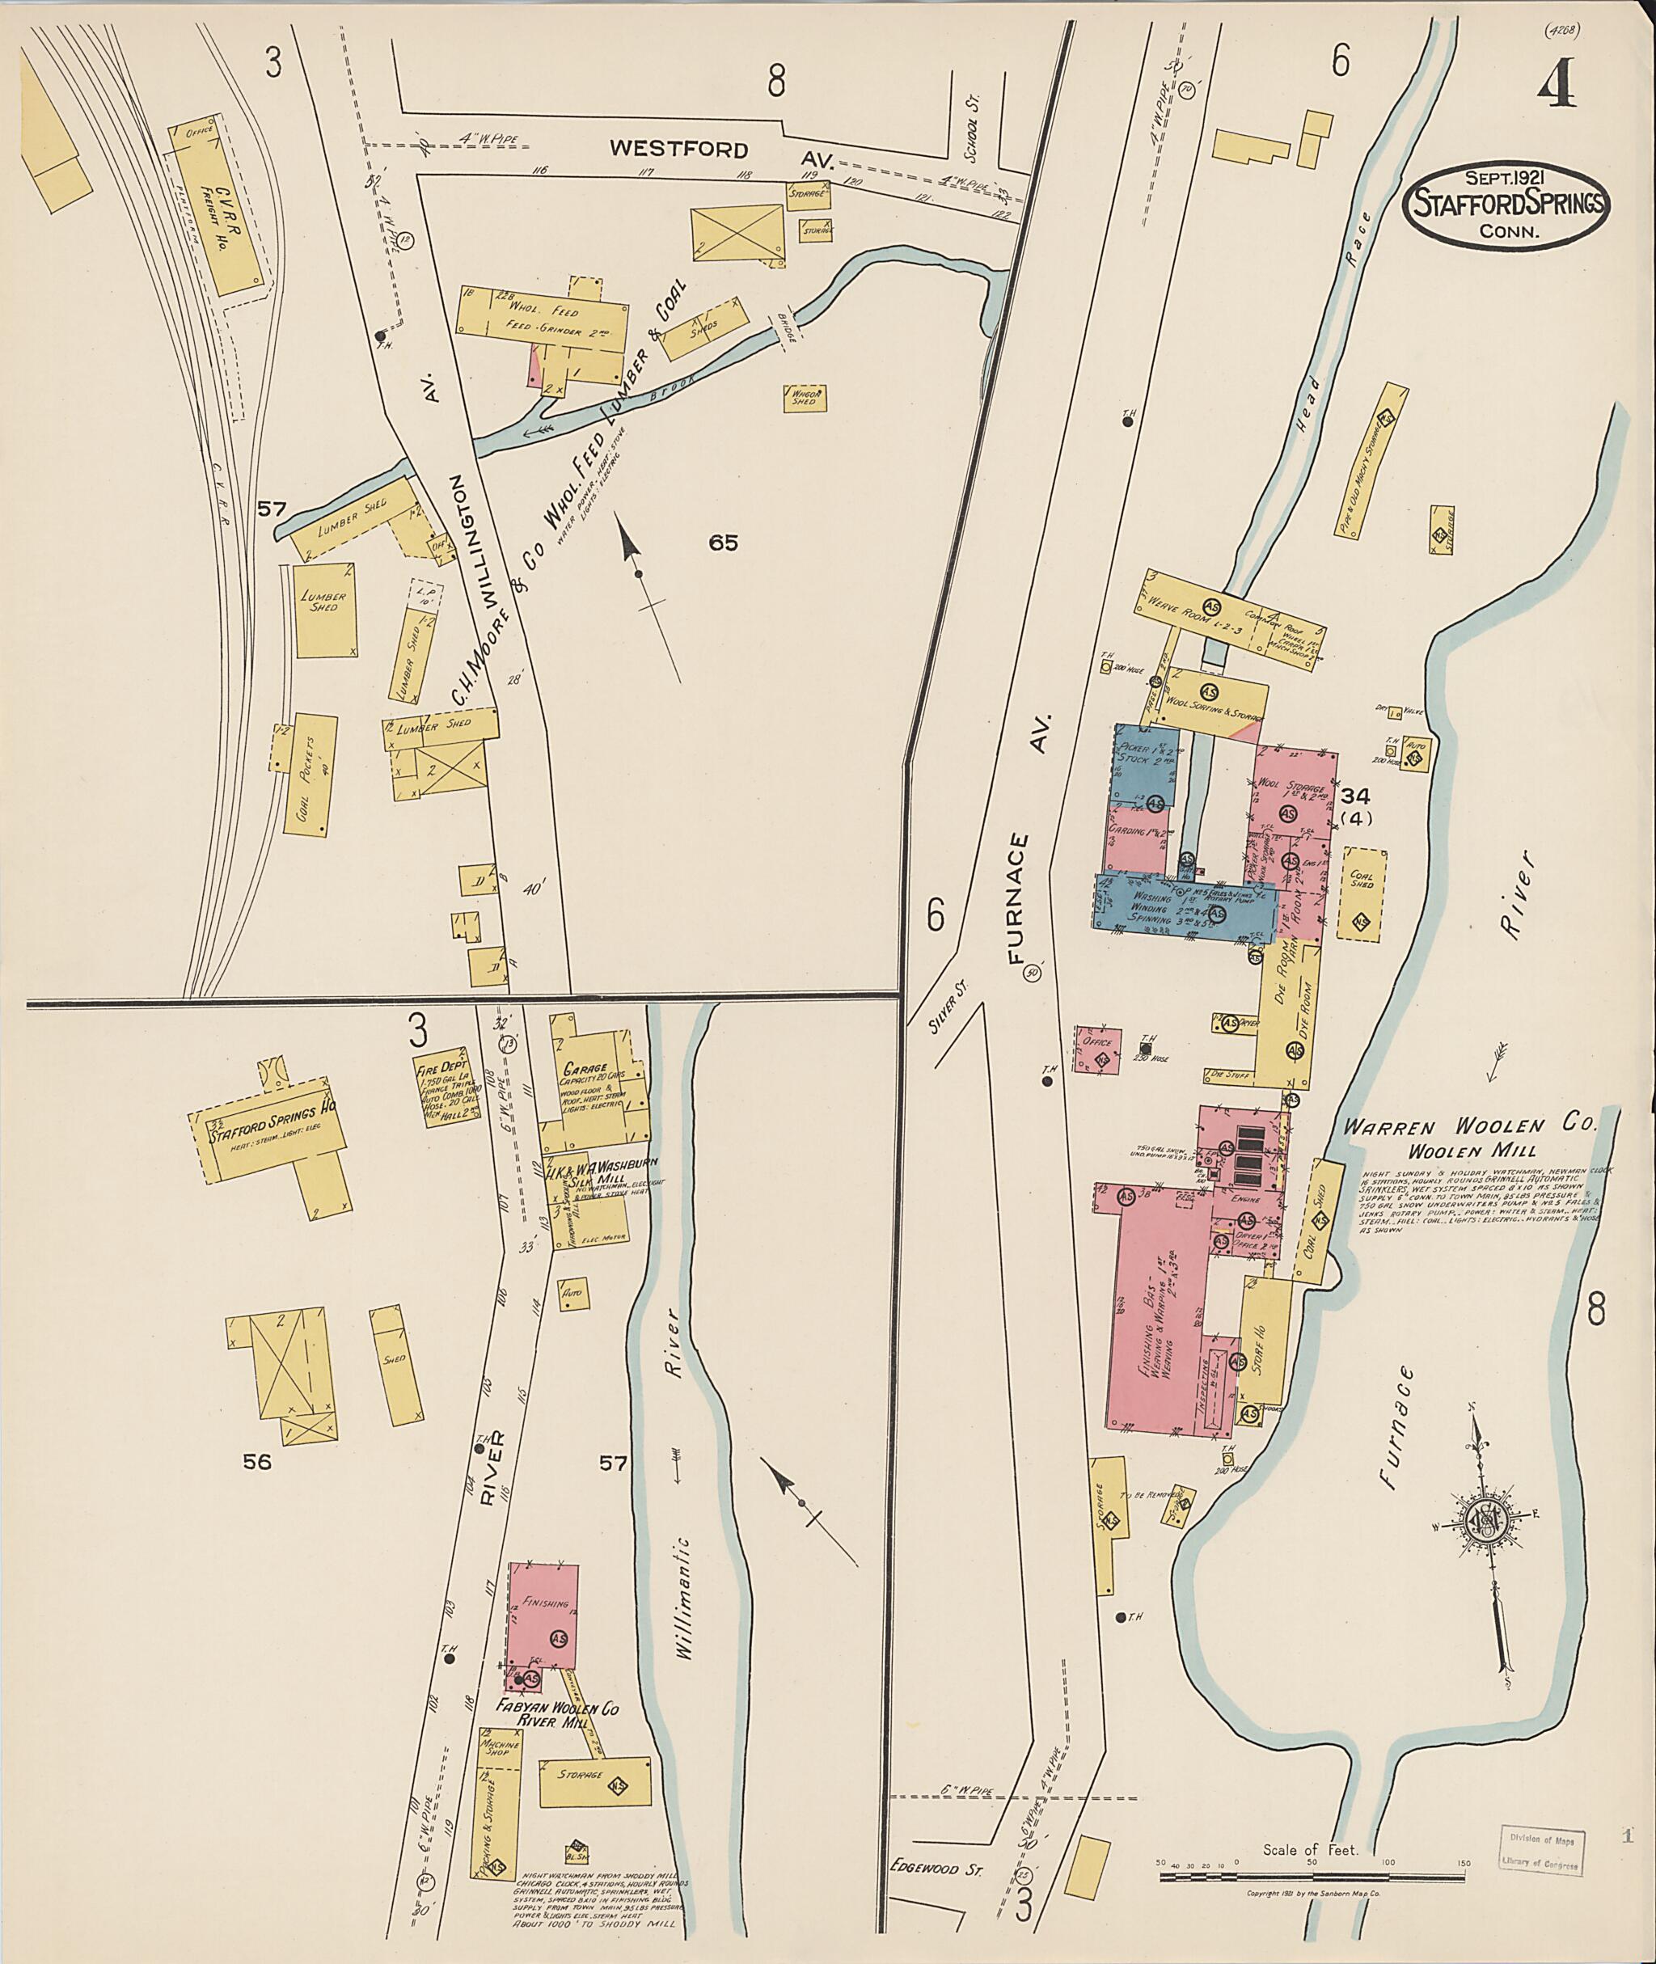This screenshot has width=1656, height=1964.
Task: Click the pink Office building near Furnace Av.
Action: [x=1097, y=1049]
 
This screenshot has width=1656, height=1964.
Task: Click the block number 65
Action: [x=724, y=542]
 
